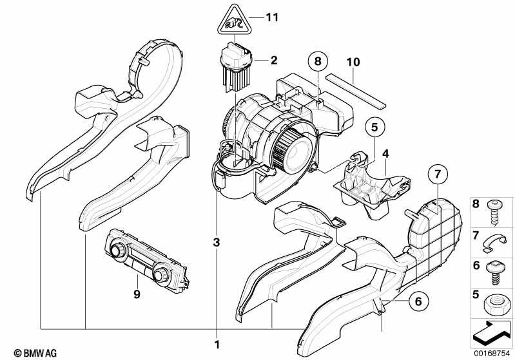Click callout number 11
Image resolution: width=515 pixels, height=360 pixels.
click(x=272, y=17)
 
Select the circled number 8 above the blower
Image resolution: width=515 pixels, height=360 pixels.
click(x=318, y=61)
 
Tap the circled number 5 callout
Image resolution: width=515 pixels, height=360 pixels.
click(x=374, y=127)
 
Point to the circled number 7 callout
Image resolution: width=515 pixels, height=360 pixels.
click(x=438, y=175)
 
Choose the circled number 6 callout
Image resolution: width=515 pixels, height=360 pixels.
click(x=418, y=301)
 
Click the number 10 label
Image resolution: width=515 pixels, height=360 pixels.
click(x=353, y=62)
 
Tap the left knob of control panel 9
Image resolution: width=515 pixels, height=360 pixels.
click(x=117, y=251)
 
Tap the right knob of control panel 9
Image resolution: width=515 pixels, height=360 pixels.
click(x=160, y=275)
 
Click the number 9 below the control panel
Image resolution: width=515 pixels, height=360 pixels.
click(x=137, y=294)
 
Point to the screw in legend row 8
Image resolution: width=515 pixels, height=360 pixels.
click(x=492, y=213)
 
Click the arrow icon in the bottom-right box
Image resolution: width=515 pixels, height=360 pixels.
click(x=491, y=333)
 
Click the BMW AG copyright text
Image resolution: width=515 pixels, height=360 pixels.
click(x=35, y=353)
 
